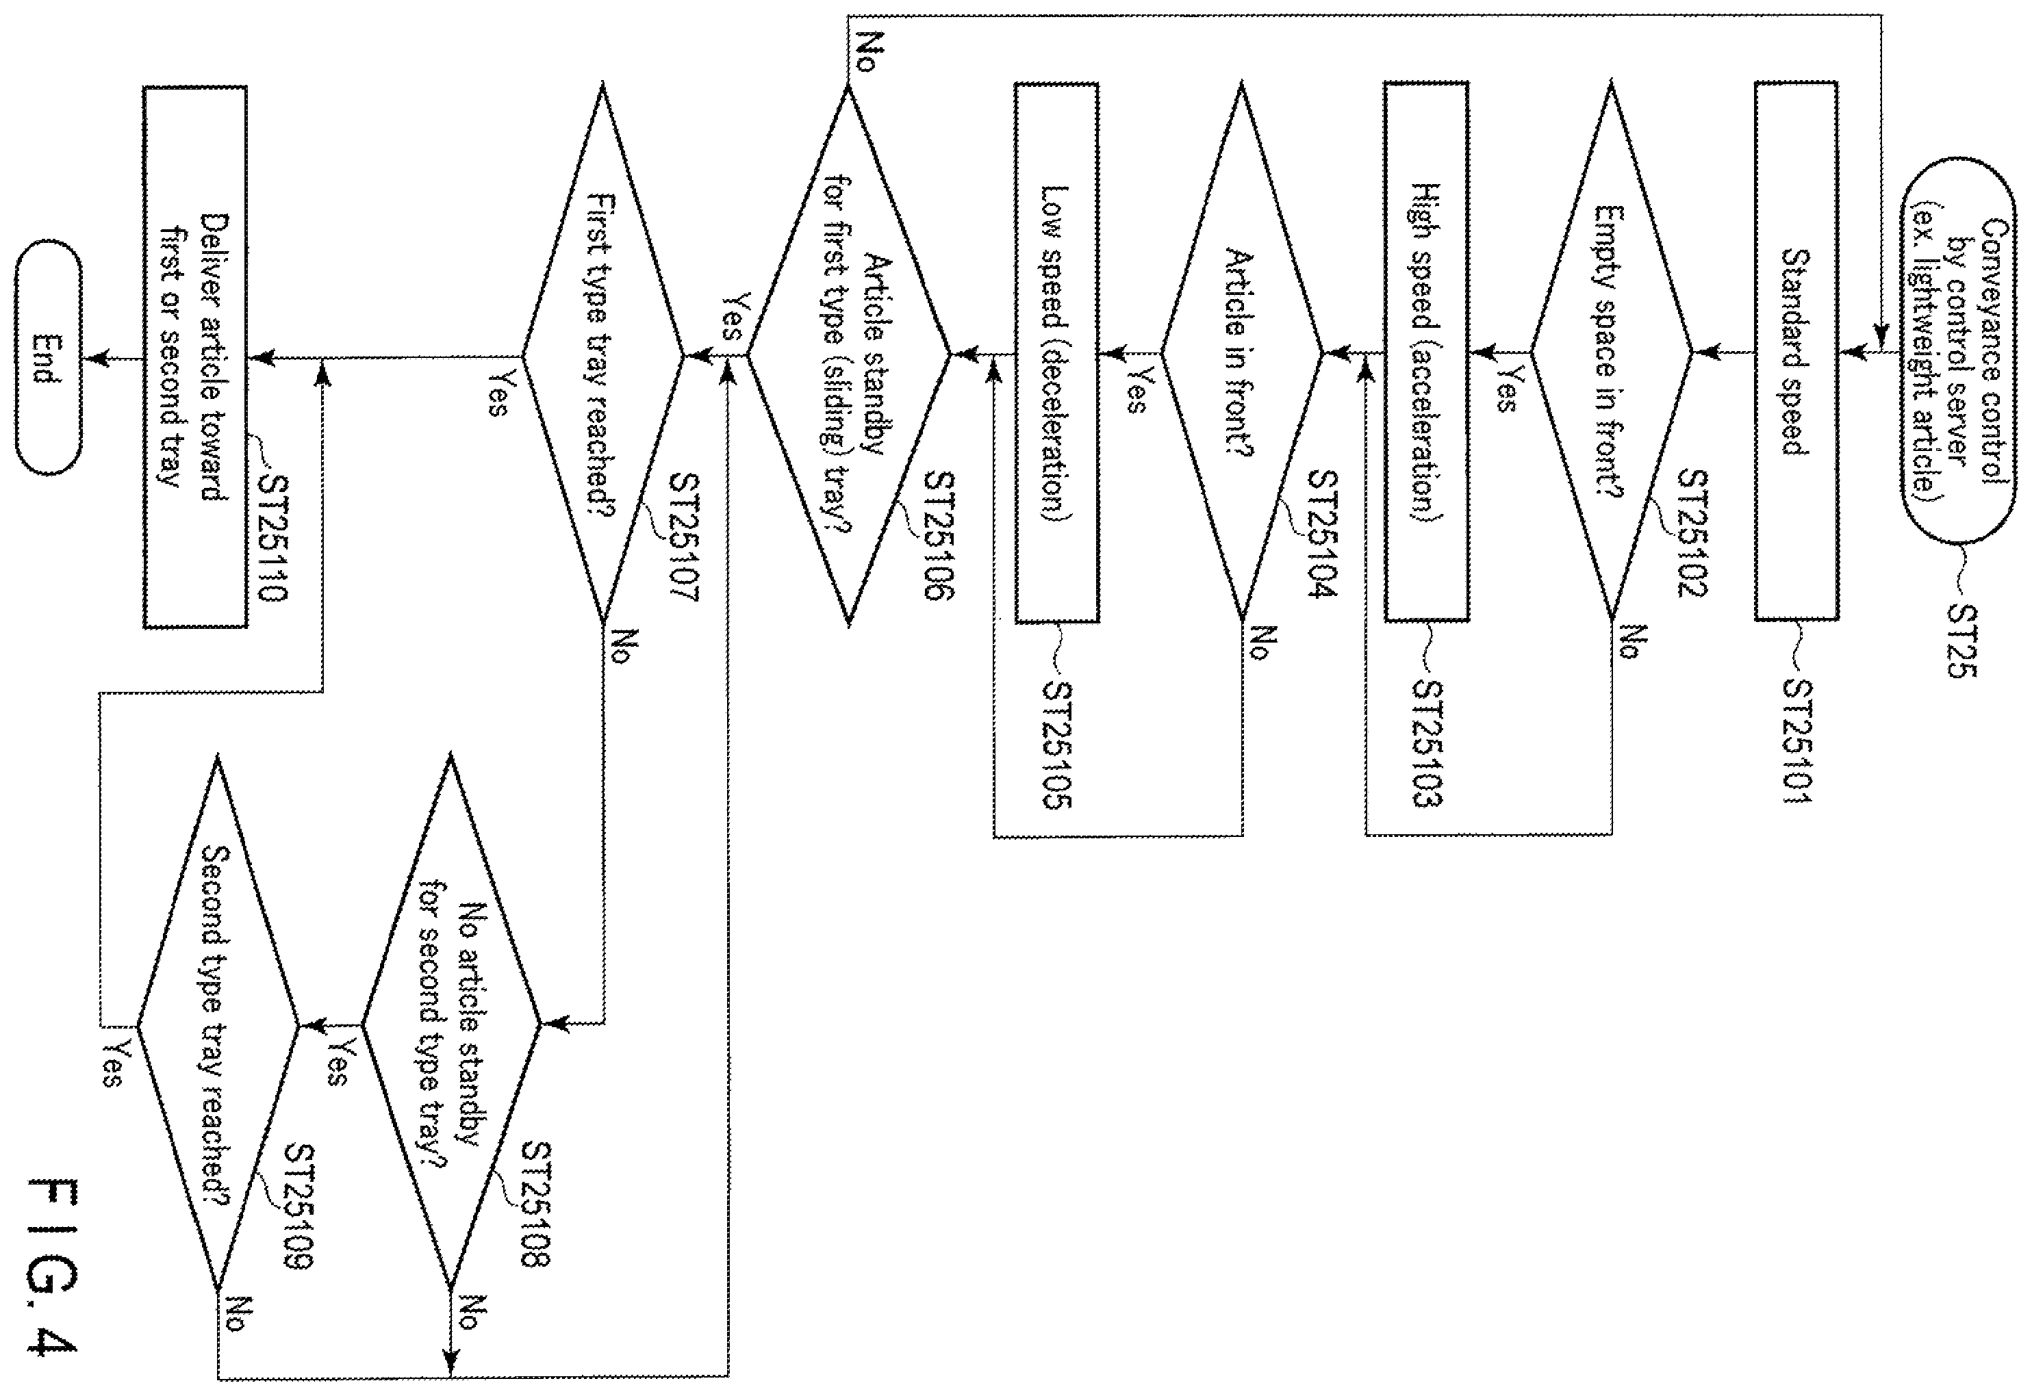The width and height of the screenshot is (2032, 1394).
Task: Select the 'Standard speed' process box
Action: [1796, 351]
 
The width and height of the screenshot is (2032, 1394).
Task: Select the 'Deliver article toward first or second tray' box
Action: [195, 357]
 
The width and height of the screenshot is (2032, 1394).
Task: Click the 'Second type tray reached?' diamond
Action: [218, 1024]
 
